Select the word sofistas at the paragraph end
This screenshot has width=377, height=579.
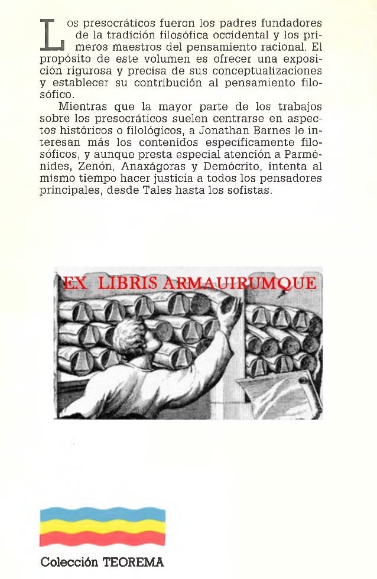click(251, 191)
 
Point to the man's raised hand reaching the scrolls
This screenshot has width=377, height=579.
click(231, 308)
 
